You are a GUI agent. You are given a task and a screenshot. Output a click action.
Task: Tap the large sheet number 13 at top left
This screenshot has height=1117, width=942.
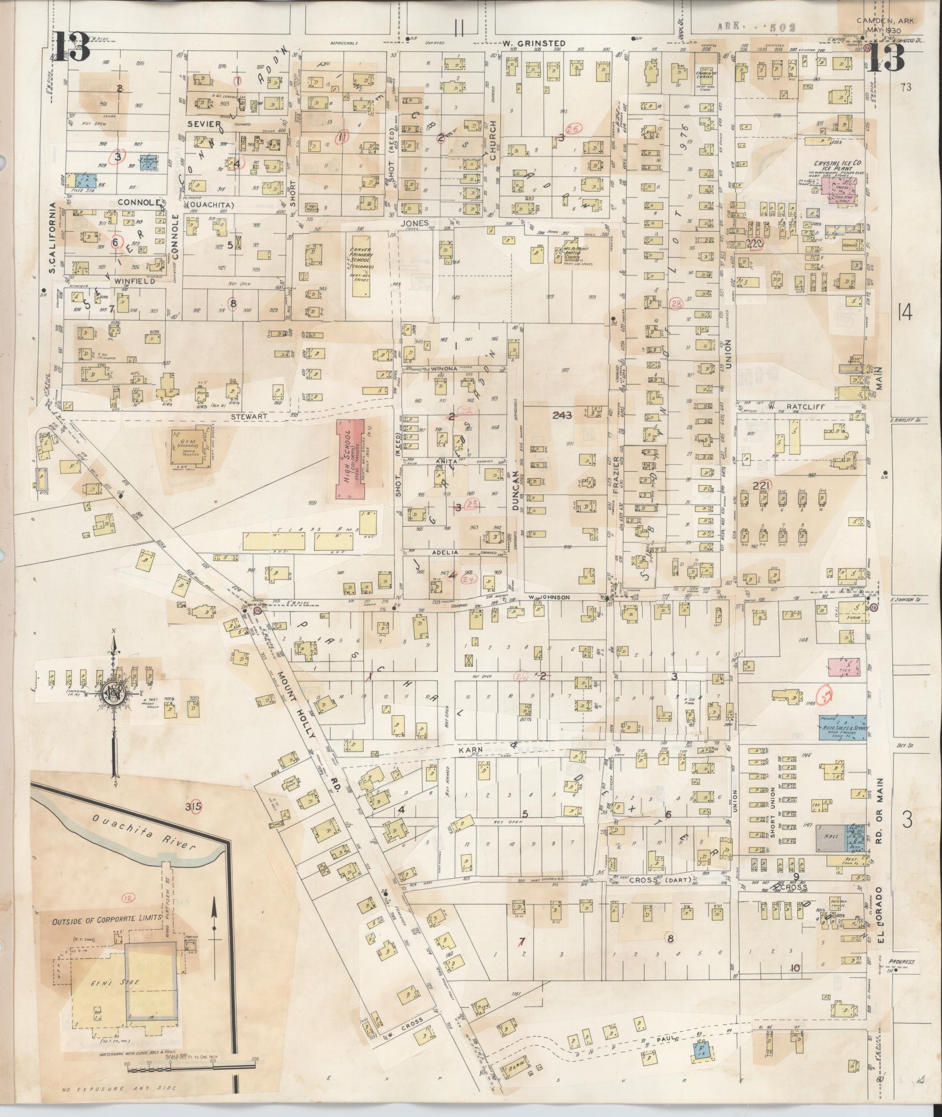pyautogui.click(x=73, y=47)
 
